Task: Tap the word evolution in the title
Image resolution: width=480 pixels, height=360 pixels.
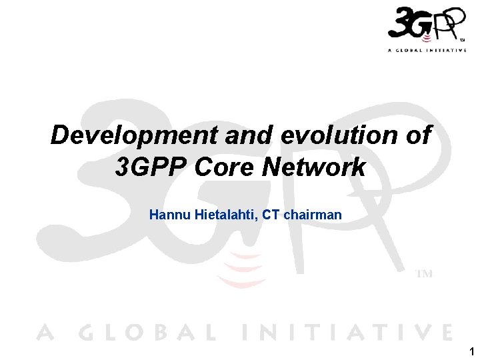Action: pos(324,135)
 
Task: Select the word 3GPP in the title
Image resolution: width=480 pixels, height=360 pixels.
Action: pos(151,167)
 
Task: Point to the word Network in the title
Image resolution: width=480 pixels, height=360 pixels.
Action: pos(313,167)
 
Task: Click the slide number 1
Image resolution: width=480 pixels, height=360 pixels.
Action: pos(472,351)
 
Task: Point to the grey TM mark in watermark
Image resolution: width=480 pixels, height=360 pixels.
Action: pos(424,274)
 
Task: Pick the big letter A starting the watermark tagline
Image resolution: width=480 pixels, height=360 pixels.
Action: pos(44,332)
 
